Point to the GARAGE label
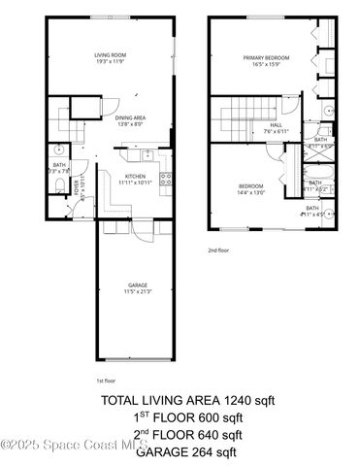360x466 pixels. (136, 284)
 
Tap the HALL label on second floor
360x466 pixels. (276, 124)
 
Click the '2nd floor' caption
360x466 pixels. (219, 250)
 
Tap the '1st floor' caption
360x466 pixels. (107, 381)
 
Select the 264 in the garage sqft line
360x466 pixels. (204, 451)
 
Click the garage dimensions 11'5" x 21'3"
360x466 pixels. (136, 291)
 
